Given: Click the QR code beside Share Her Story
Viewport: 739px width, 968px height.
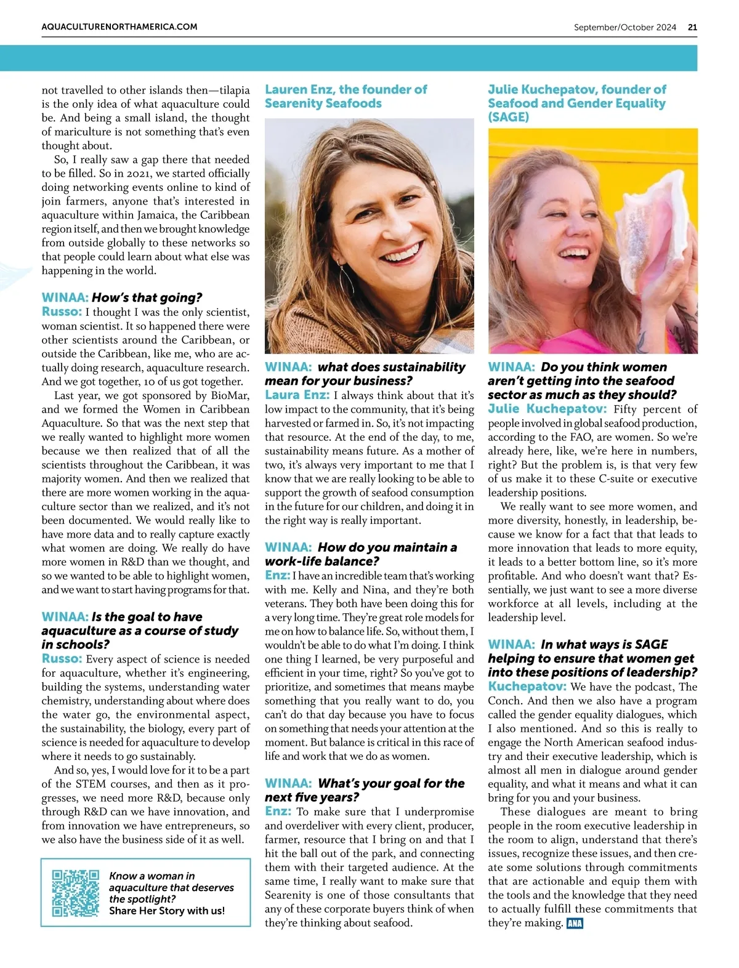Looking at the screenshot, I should coord(75,893).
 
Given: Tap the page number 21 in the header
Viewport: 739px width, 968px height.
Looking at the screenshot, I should coord(693,27).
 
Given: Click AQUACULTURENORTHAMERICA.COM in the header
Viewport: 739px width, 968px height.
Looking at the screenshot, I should coord(119,27).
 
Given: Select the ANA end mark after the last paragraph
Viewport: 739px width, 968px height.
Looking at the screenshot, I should coord(575,923).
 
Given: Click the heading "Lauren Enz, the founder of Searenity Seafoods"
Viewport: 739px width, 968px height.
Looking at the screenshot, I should coord(345,97).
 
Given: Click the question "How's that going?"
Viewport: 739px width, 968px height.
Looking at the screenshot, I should coord(147,298).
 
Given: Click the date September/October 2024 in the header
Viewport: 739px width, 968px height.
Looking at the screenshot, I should coord(624,27).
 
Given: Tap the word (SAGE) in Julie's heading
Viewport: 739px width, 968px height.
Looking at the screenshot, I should coord(508,117).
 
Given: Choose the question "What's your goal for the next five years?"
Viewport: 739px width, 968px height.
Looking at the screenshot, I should coord(365,790).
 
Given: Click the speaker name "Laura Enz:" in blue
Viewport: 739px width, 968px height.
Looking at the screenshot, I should coord(297,395).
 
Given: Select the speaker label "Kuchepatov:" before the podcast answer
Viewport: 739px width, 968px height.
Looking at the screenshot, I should coord(527,686).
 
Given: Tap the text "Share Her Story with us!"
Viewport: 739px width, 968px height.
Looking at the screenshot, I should coord(167,910).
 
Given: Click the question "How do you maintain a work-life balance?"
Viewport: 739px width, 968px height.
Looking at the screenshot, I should coord(361,554).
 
